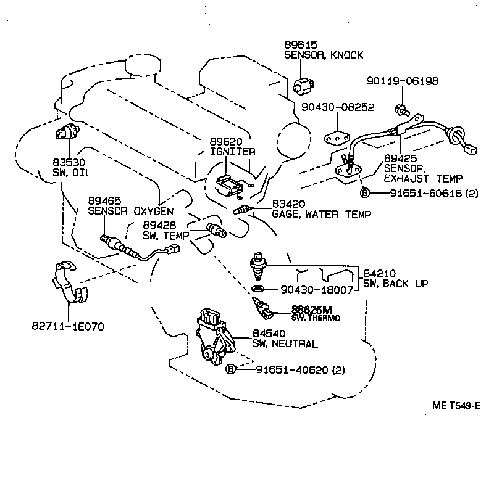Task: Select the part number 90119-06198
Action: (x=403, y=81)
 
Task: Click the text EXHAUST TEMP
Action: (x=422, y=179)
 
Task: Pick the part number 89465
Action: (x=104, y=201)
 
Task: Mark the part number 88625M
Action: (x=312, y=310)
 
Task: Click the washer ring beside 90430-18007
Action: (x=259, y=289)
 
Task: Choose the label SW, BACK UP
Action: (x=395, y=284)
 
